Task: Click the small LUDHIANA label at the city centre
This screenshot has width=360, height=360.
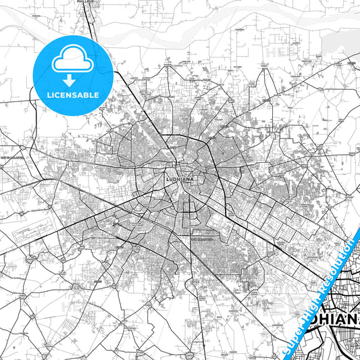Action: (179, 180)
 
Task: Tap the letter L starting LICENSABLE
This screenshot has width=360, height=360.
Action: (48, 95)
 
